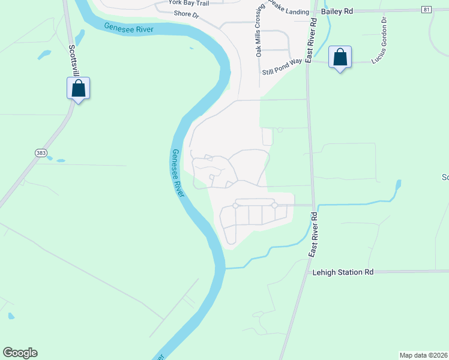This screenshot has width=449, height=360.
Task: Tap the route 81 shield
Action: pyautogui.click(x=426, y=10)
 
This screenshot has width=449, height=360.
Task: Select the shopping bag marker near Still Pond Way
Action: pyautogui.click(x=340, y=58)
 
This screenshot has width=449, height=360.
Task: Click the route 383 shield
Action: pyautogui.click(x=41, y=153)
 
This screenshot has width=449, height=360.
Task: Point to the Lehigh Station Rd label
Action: pyautogui.click(x=343, y=272)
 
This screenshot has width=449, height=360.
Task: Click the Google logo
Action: pyautogui.click(x=20, y=353)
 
